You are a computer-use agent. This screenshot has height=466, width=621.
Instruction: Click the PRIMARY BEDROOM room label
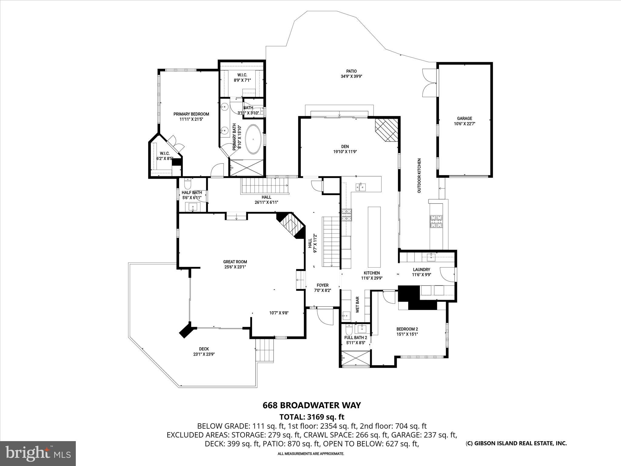click(x=191, y=114)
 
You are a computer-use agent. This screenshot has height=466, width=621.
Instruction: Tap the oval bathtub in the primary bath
click(x=253, y=139)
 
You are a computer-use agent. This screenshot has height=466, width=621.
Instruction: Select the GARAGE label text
click(x=465, y=118)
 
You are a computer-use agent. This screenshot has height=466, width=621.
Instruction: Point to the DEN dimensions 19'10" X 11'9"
click(x=345, y=152)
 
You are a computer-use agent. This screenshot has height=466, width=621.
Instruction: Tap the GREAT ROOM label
click(x=235, y=262)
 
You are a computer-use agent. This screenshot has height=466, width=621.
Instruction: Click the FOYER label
click(x=322, y=285)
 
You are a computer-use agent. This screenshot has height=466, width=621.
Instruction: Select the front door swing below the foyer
click(x=323, y=317)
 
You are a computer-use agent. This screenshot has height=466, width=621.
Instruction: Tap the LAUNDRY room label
click(x=421, y=269)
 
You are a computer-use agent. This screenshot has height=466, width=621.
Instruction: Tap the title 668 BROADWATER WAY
click(x=311, y=405)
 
